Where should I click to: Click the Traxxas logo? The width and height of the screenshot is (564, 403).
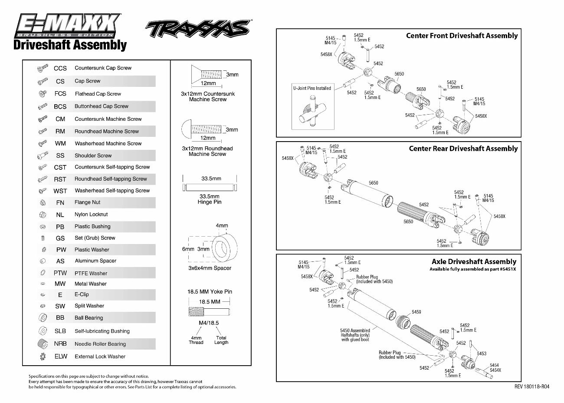pos(198,29)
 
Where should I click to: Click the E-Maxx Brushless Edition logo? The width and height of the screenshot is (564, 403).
pos(67,26)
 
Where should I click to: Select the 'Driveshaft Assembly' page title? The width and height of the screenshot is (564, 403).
pos(70,45)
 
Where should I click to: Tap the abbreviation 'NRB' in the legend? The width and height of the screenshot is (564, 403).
pos(60,344)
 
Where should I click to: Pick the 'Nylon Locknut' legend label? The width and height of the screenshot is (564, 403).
pos(91,215)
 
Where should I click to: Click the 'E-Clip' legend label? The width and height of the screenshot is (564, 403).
pos(82,294)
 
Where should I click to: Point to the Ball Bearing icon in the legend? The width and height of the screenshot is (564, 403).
pos(43,317)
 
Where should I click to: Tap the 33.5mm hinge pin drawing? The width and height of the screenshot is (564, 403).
pos(210,188)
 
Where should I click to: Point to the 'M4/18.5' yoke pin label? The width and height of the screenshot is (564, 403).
pos(209,323)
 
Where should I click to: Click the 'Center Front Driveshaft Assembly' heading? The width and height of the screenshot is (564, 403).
pos(462,36)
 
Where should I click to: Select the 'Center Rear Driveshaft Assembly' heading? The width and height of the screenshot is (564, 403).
pos(463,149)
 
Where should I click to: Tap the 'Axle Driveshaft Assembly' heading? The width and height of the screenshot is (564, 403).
pos(474,262)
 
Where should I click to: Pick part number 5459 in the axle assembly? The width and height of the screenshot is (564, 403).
pos(416,312)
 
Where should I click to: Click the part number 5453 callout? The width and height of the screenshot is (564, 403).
pos(482,353)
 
